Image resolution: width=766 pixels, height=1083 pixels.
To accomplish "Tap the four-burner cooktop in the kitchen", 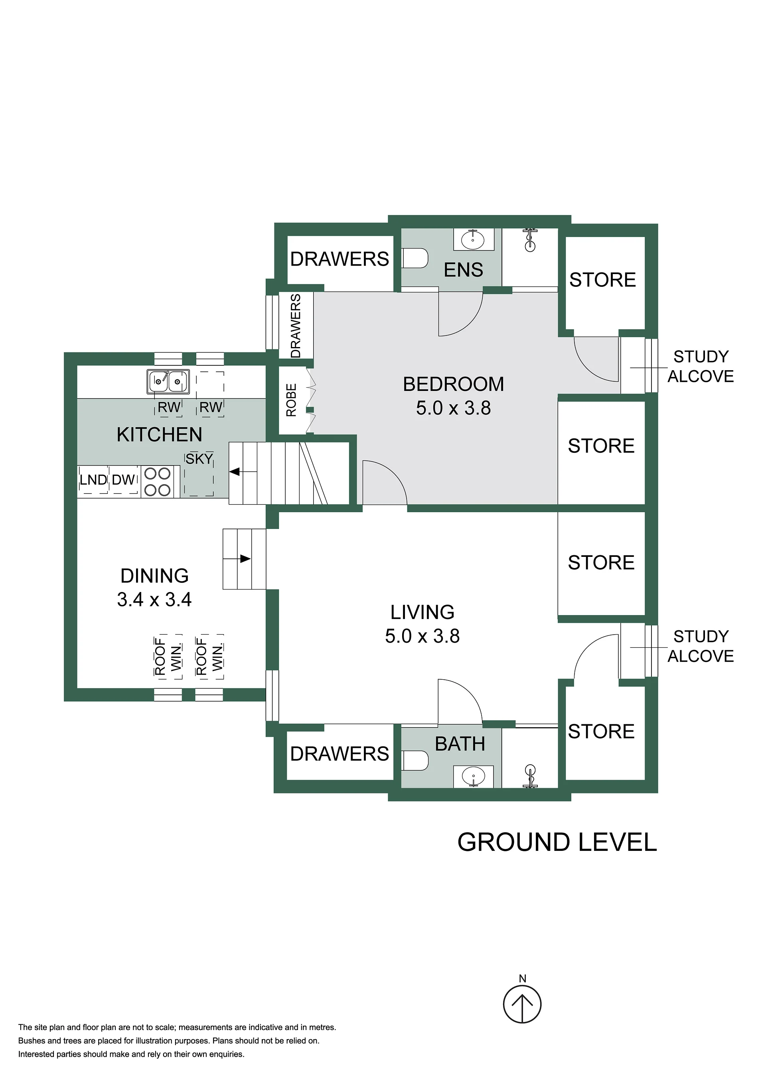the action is point(158,481).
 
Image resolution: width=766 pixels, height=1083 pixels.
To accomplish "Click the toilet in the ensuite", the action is point(415,258).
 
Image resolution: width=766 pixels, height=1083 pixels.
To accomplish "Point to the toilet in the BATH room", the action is point(415,761).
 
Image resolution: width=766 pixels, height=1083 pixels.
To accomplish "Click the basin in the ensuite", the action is point(473,240).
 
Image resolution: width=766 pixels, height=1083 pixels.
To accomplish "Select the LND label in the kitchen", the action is point(93,480).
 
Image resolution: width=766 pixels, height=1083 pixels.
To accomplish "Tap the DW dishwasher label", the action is point(123,480).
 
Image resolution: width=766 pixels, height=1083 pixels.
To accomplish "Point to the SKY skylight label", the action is point(199,459).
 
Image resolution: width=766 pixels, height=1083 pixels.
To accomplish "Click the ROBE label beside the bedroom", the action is point(292,400).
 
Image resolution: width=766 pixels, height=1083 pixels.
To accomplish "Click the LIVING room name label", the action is point(422,612).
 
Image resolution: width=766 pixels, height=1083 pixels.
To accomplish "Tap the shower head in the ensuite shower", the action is point(530,240).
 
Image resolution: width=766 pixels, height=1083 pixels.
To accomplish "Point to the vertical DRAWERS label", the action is point(296,326).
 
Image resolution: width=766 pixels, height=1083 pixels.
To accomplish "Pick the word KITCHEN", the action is point(160,434).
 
